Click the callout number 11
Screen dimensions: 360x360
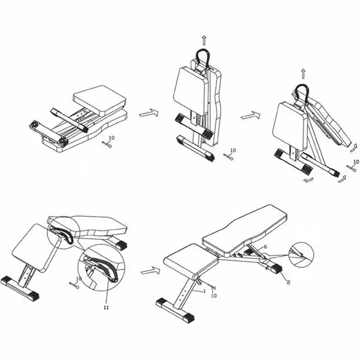(106, 307)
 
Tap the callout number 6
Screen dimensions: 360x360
(265, 247)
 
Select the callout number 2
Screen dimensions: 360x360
(289, 282)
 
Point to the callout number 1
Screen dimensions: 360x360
(204, 291)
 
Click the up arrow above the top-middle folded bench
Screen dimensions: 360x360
(204, 40)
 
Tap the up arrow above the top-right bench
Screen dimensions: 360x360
(303, 74)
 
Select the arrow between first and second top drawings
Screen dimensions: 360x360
(148, 113)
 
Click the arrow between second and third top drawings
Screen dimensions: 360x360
(251, 115)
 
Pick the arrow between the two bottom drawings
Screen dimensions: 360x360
(150, 270)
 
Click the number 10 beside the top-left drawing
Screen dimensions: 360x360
(112, 138)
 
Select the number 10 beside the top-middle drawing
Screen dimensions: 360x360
(233, 150)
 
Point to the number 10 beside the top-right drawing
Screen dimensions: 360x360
(356, 162)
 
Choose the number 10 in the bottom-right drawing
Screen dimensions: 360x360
(213, 296)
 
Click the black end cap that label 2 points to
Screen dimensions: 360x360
(276, 268)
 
